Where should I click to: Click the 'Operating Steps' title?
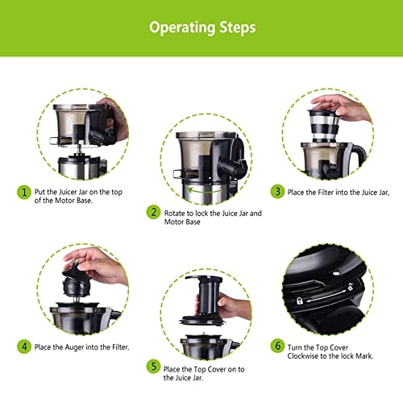(201, 27)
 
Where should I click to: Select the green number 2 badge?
(153, 213)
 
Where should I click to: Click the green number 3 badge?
(276, 191)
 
